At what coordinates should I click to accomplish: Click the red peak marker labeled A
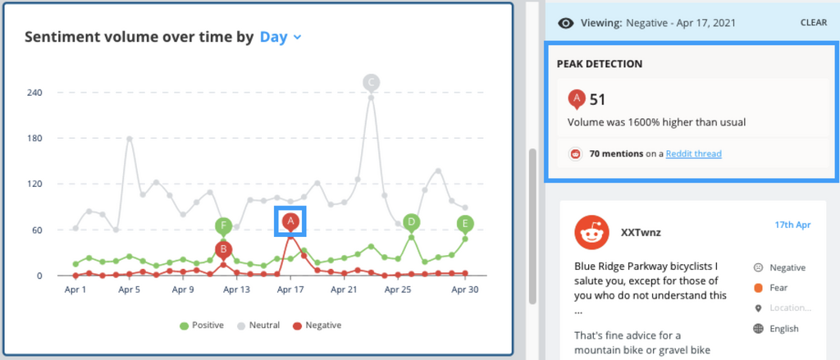[x=290, y=221]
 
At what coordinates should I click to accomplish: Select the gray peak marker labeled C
[x=371, y=82]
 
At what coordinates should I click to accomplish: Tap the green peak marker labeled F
[x=223, y=226]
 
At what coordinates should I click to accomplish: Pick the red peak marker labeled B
[x=223, y=249]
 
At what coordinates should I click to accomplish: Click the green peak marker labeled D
[x=412, y=221]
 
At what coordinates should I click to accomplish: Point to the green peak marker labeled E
[x=465, y=224]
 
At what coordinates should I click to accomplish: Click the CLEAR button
[x=813, y=23]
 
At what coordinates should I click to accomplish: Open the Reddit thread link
[x=693, y=153]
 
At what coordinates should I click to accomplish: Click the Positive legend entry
[x=202, y=326]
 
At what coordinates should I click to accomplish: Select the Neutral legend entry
[x=260, y=326]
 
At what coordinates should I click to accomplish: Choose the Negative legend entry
[x=317, y=326]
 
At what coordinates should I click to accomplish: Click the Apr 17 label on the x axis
[x=290, y=289]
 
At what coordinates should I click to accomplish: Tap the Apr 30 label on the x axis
[x=465, y=289]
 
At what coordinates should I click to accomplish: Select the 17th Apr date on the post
[x=792, y=225]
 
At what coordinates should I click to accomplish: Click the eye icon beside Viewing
[x=564, y=23]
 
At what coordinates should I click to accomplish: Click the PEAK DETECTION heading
[x=599, y=64]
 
